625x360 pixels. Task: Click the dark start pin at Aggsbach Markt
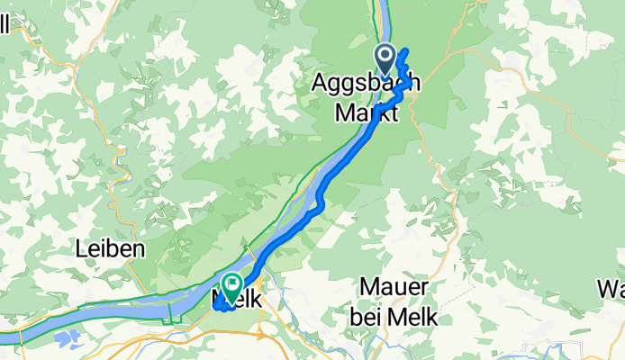386,60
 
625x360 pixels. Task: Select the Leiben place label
112,249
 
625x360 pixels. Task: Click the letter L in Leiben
83,249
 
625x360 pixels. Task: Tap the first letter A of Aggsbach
320,83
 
